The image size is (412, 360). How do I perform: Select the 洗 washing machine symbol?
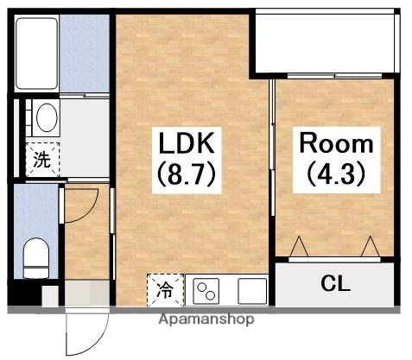pos(41,160)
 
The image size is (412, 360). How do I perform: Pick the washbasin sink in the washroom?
pos(43,117)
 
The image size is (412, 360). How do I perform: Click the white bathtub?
pos(38,51)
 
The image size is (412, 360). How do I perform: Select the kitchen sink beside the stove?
pos(251,290)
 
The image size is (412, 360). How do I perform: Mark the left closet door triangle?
pos(300,248)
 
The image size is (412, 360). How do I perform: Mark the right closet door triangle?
pos(371,248)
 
